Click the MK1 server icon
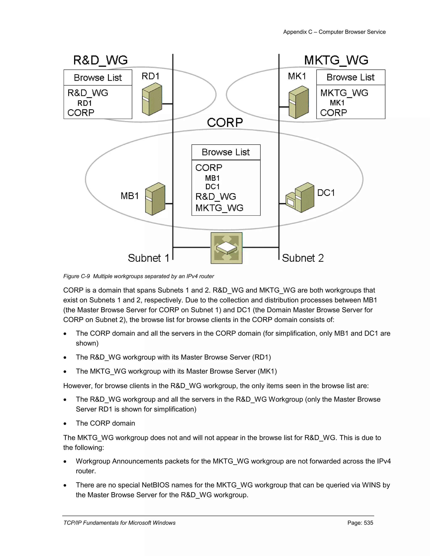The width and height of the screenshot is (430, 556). click(299, 102)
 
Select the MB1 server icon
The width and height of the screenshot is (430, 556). click(155, 199)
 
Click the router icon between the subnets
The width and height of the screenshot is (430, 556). click(227, 248)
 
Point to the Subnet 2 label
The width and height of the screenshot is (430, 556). click(303, 258)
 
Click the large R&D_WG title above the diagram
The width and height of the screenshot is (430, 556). click(100, 60)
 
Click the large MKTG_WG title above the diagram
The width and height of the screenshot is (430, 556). click(336, 60)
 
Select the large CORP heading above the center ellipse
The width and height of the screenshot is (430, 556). click(225, 123)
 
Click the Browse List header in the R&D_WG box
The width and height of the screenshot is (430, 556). click(98, 78)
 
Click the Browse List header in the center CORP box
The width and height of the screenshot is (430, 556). click(226, 152)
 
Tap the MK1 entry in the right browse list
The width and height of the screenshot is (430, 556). click(337, 103)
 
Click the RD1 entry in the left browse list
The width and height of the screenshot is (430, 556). click(85, 103)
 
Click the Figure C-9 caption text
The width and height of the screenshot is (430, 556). click(139, 276)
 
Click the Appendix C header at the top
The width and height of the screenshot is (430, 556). click(334, 32)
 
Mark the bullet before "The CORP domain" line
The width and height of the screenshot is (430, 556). click(65, 424)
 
